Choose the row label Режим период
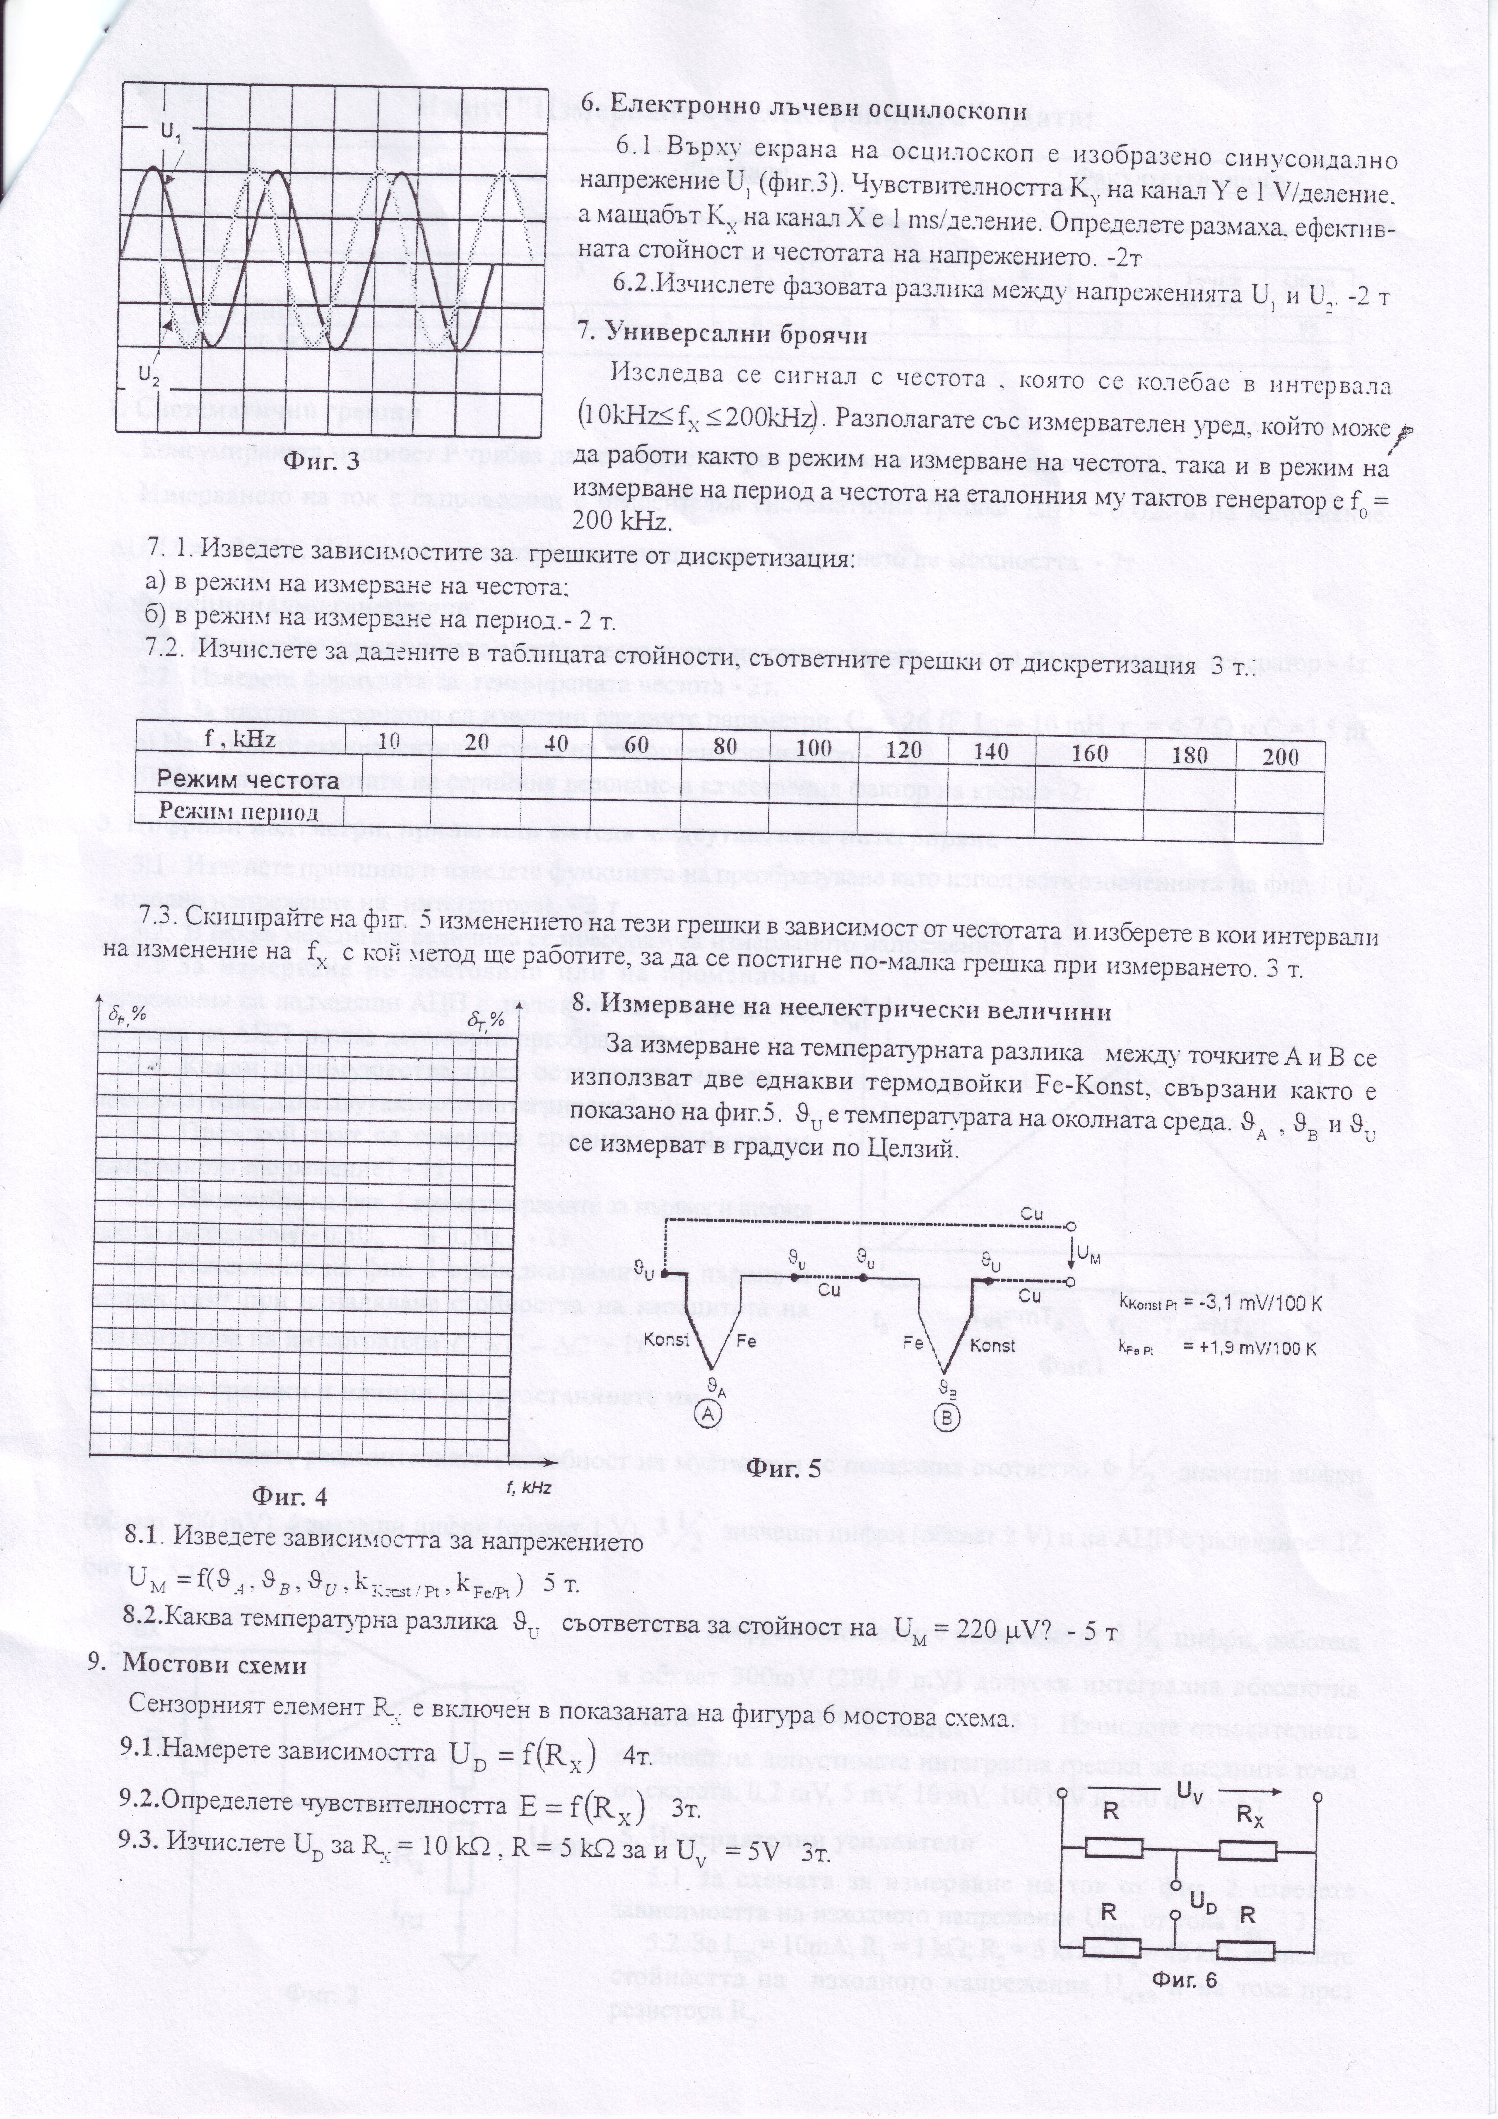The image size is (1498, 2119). pyautogui.click(x=238, y=812)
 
